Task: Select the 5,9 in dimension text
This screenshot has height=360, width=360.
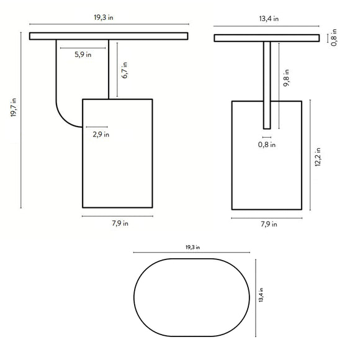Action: point(83,55)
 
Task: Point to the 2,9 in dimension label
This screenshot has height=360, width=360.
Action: point(101,133)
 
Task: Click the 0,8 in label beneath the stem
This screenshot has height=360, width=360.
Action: point(268,145)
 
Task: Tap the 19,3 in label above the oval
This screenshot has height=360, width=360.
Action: point(193,247)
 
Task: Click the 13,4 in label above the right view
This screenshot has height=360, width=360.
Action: point(268,19)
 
